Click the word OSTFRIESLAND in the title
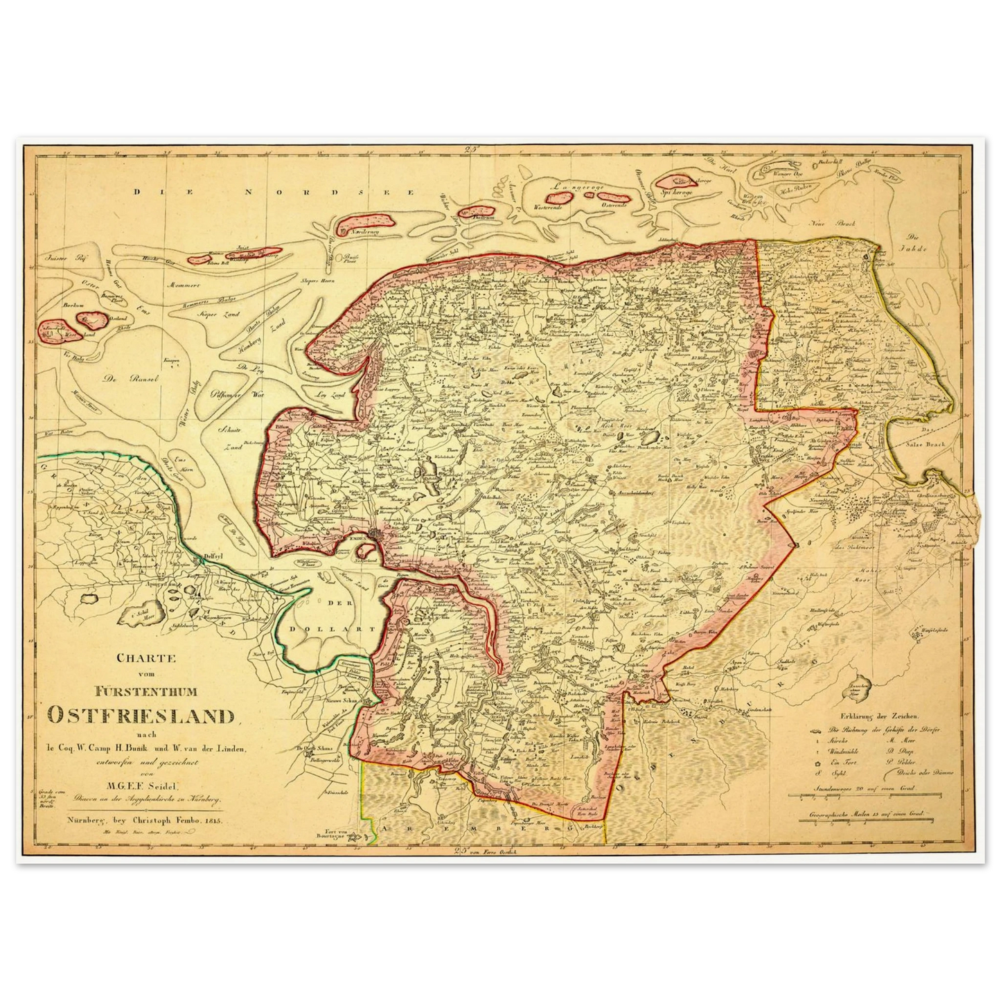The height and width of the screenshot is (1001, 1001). pyautogui.click(x=143, y=716)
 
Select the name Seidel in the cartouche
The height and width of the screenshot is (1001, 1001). pyautogui.click(x=161, y=784)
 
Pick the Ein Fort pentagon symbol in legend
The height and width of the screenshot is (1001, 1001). pyautogui.click(x=819, y=762)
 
